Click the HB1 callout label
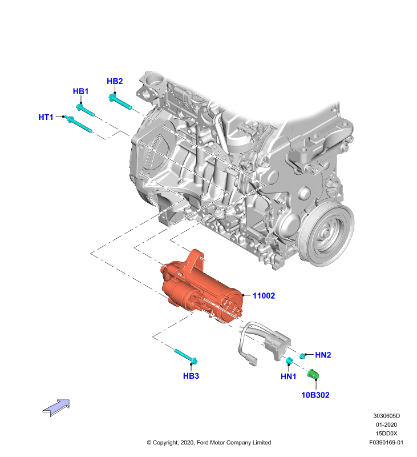click(80, 91)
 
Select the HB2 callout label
click(115, 81)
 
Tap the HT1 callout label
click(46, 117)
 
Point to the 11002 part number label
click(264, 296)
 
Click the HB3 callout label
click(191, 376)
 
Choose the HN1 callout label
click(289, 376)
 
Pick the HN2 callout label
click(323, 355)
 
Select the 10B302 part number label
click(315, 395)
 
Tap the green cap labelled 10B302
click(313, 374)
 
